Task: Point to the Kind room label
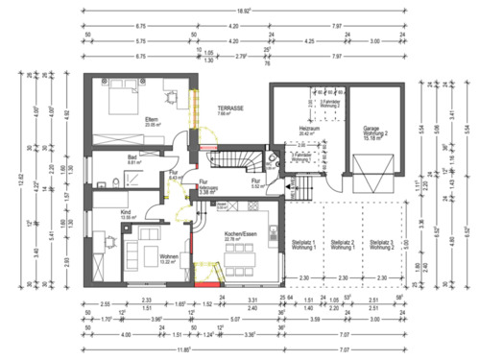tap(126, 215)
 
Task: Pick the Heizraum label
tap(309, 128)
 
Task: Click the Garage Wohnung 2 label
tap(373, 132)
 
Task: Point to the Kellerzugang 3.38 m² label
tap(207, 188)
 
